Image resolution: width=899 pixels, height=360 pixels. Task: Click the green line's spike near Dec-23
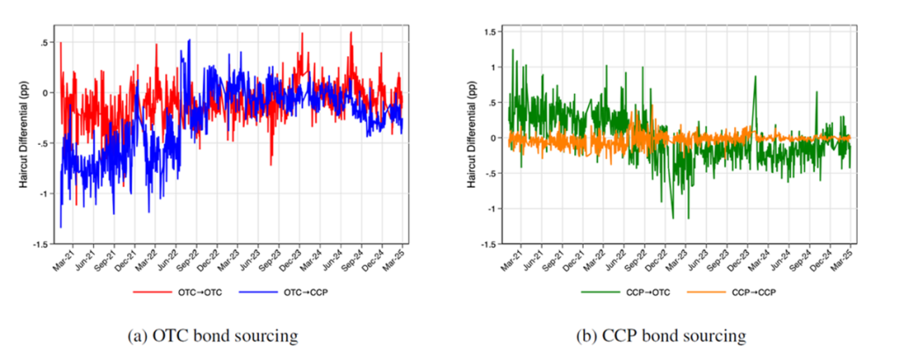point(755,77)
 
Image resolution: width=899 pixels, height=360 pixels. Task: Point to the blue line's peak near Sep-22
point(189,40)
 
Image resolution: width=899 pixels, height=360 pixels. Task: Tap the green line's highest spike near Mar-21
point(513,50)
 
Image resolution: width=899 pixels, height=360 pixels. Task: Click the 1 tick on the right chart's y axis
point(495,67)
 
